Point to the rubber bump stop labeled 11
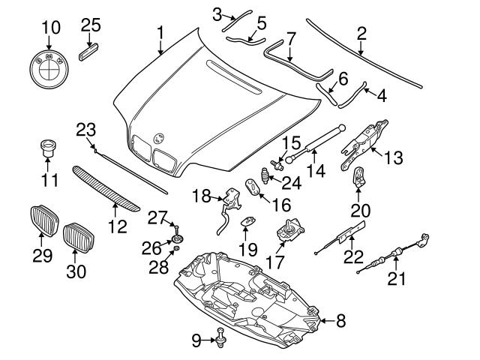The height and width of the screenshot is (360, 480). (x=49, y=148)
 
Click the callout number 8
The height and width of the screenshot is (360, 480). (x=341, y=322)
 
